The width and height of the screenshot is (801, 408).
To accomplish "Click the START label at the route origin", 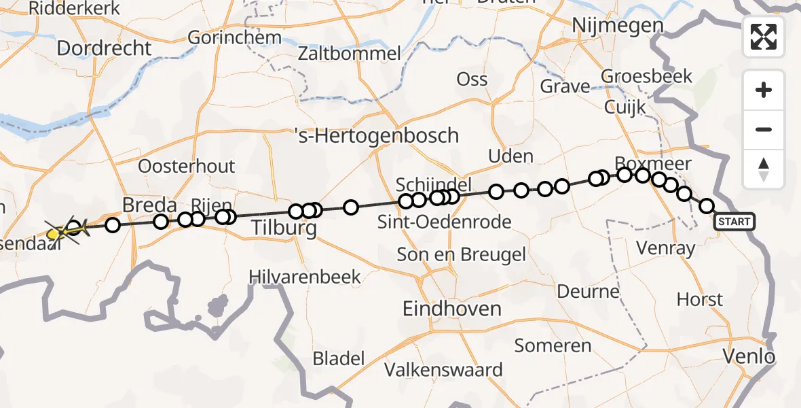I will tap(734, 222).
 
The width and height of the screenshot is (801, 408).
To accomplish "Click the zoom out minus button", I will tap(764, 130).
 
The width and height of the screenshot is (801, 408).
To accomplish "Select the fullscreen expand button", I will tap(764, 37).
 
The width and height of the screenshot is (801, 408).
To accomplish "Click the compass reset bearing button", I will tap(764, 169).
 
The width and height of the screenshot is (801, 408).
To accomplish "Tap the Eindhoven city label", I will tap(451, 309).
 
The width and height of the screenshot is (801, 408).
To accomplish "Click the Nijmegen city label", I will tap(618, 26).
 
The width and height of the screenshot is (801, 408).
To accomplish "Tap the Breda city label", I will tap(149, 205).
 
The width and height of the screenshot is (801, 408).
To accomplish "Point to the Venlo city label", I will tap(749, 356).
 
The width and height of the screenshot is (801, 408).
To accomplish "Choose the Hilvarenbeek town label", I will tap(305, 277).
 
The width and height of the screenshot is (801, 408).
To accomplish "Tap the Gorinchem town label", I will tap(234, 37).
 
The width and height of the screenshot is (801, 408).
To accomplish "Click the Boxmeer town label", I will tap(652, 164).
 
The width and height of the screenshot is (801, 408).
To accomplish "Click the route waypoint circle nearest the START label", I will tap(707, 206).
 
